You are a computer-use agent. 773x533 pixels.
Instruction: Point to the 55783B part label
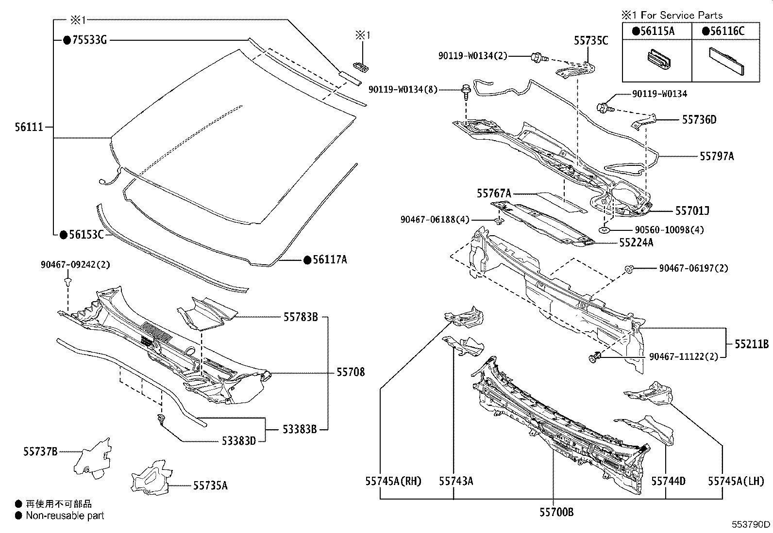pyautogui.click(x=301, y=317)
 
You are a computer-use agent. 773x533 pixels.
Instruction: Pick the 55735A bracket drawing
pyautogui.click(x=151, y=479)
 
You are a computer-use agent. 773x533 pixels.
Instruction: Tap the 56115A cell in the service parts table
pyautogui.click(x=656, y=31)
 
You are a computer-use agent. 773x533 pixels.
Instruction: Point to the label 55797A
pyautogui.click(x=717, y=156)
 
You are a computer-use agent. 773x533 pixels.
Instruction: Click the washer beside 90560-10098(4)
pyautogui.click(x=604, y=230)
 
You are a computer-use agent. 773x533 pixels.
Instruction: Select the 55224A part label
pyautogui.click(x=636, y=242)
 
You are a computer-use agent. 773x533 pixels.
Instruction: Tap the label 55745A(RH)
pyautogui.click(x=393, y=481)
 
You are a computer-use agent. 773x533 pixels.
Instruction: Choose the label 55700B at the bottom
pyautogui.click(x=556, y=511)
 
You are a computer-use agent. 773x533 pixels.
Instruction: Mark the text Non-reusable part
pyautogui.click(x=65, y=516)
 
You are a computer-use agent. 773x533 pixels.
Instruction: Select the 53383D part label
pyautogui.click(x=239, y=441)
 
